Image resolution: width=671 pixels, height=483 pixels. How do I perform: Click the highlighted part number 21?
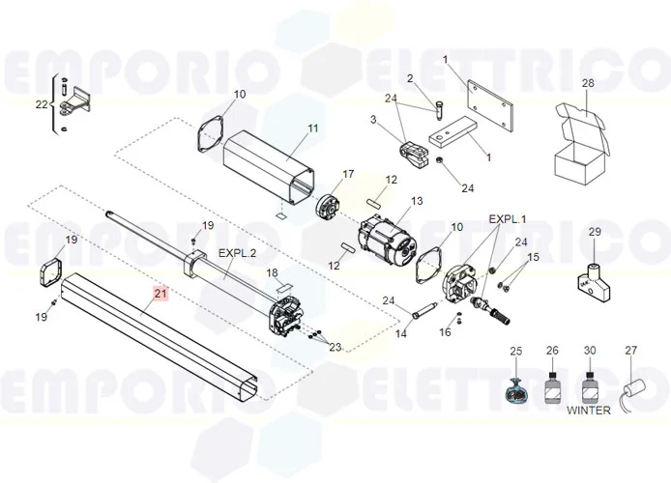(160, 294)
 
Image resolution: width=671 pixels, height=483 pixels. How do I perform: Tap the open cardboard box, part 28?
(581, 144)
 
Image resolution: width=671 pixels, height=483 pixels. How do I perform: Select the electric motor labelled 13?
(387, 242)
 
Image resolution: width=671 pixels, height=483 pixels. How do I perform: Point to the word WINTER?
(589, 411)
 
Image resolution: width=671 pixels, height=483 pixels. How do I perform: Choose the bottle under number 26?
(553, 387)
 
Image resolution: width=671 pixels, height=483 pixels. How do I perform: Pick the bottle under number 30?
(590, 387)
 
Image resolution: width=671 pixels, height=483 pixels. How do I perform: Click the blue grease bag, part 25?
(515, 391)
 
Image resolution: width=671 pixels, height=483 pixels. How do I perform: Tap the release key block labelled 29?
(595, 281)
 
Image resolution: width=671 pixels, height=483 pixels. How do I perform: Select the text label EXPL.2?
(237, 253)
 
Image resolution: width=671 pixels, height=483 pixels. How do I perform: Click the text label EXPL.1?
(507, 219)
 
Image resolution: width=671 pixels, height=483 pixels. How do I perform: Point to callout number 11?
(313, 128)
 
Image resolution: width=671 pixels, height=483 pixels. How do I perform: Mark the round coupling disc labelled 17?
(328, 208)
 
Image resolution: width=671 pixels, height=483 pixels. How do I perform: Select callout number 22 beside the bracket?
(41, 104)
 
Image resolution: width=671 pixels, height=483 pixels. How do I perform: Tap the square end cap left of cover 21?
(51, 272)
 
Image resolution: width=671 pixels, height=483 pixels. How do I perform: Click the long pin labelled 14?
(424, 309)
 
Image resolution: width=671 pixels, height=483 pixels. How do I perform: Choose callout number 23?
(335, 347)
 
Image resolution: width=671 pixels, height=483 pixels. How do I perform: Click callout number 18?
(272, 272)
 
